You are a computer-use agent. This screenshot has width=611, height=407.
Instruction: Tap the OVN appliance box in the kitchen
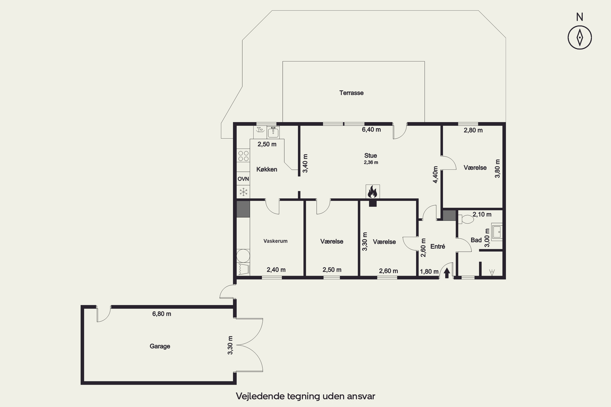[x=243, y=179]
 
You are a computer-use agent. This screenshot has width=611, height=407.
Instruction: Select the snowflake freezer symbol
[x=243, y=192]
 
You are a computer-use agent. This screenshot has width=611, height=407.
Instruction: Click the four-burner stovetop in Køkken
[x=243, y=156]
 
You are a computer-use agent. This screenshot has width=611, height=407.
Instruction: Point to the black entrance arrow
[x=447, y=273]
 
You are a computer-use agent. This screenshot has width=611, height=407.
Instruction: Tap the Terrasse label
[x=351, y=93]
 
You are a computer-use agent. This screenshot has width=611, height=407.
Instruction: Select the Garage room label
[x=160, y=346]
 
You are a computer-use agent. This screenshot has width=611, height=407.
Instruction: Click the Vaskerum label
[x=275, y=241]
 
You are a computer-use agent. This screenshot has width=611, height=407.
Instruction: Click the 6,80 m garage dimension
[x=162, y=314]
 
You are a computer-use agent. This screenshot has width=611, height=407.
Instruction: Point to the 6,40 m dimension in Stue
[x=371, y=129]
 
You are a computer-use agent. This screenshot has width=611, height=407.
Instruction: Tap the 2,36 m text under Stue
[x=371, y=162]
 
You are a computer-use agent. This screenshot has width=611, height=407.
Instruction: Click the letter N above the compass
[x=580, y=17]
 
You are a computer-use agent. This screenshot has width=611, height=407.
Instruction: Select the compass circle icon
[x=580, y=37]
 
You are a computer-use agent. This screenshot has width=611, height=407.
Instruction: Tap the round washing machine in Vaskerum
[x=243, y=256]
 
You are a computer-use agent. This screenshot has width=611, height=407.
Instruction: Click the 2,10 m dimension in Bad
[x=482, y=214]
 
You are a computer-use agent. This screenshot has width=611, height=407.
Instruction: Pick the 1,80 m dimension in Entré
[x=429, y=271]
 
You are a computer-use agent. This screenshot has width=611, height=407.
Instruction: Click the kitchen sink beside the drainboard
[x=273, y=132]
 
